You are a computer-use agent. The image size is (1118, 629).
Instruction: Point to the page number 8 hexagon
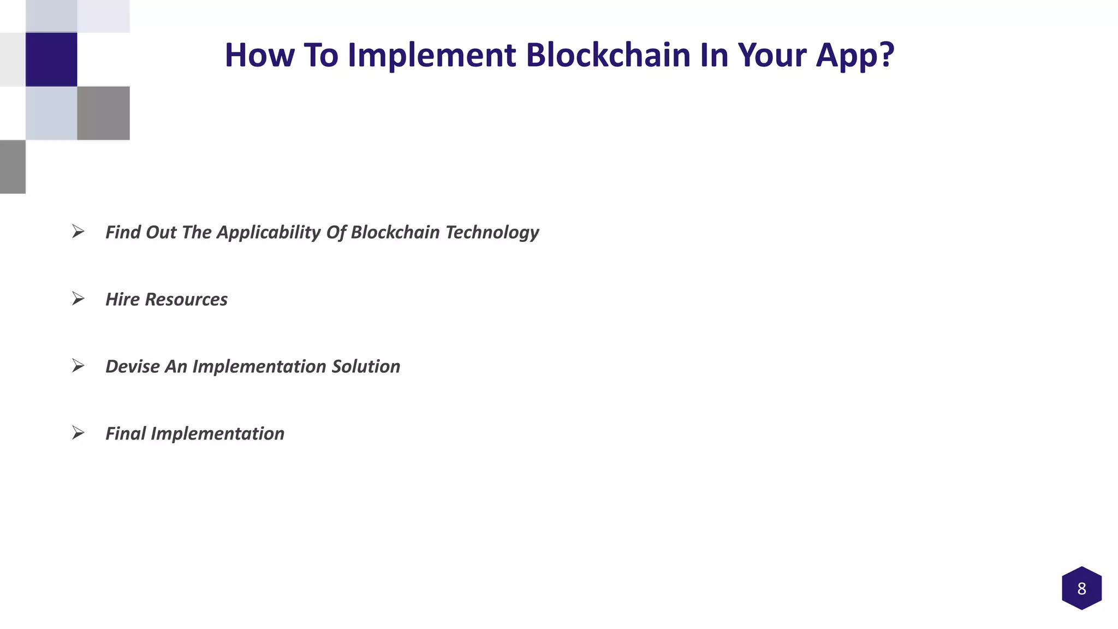(1081, 588)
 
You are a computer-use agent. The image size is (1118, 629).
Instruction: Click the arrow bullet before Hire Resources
(78, 299)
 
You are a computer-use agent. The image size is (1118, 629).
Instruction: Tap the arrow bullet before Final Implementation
(78, 433)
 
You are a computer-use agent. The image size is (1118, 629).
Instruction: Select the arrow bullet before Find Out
(78, 232)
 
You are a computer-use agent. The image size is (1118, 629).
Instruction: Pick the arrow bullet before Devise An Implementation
(78, 366)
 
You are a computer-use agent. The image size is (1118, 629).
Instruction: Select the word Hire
(122, 299)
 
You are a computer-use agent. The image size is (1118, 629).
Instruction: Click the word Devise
(132, 366)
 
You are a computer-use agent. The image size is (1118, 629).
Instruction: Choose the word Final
(125, 434)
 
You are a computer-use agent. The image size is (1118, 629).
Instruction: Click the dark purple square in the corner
(51, 59)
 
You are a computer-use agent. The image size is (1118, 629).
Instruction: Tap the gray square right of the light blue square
(103, 113)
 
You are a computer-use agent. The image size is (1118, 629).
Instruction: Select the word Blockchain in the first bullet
(395, 232)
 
